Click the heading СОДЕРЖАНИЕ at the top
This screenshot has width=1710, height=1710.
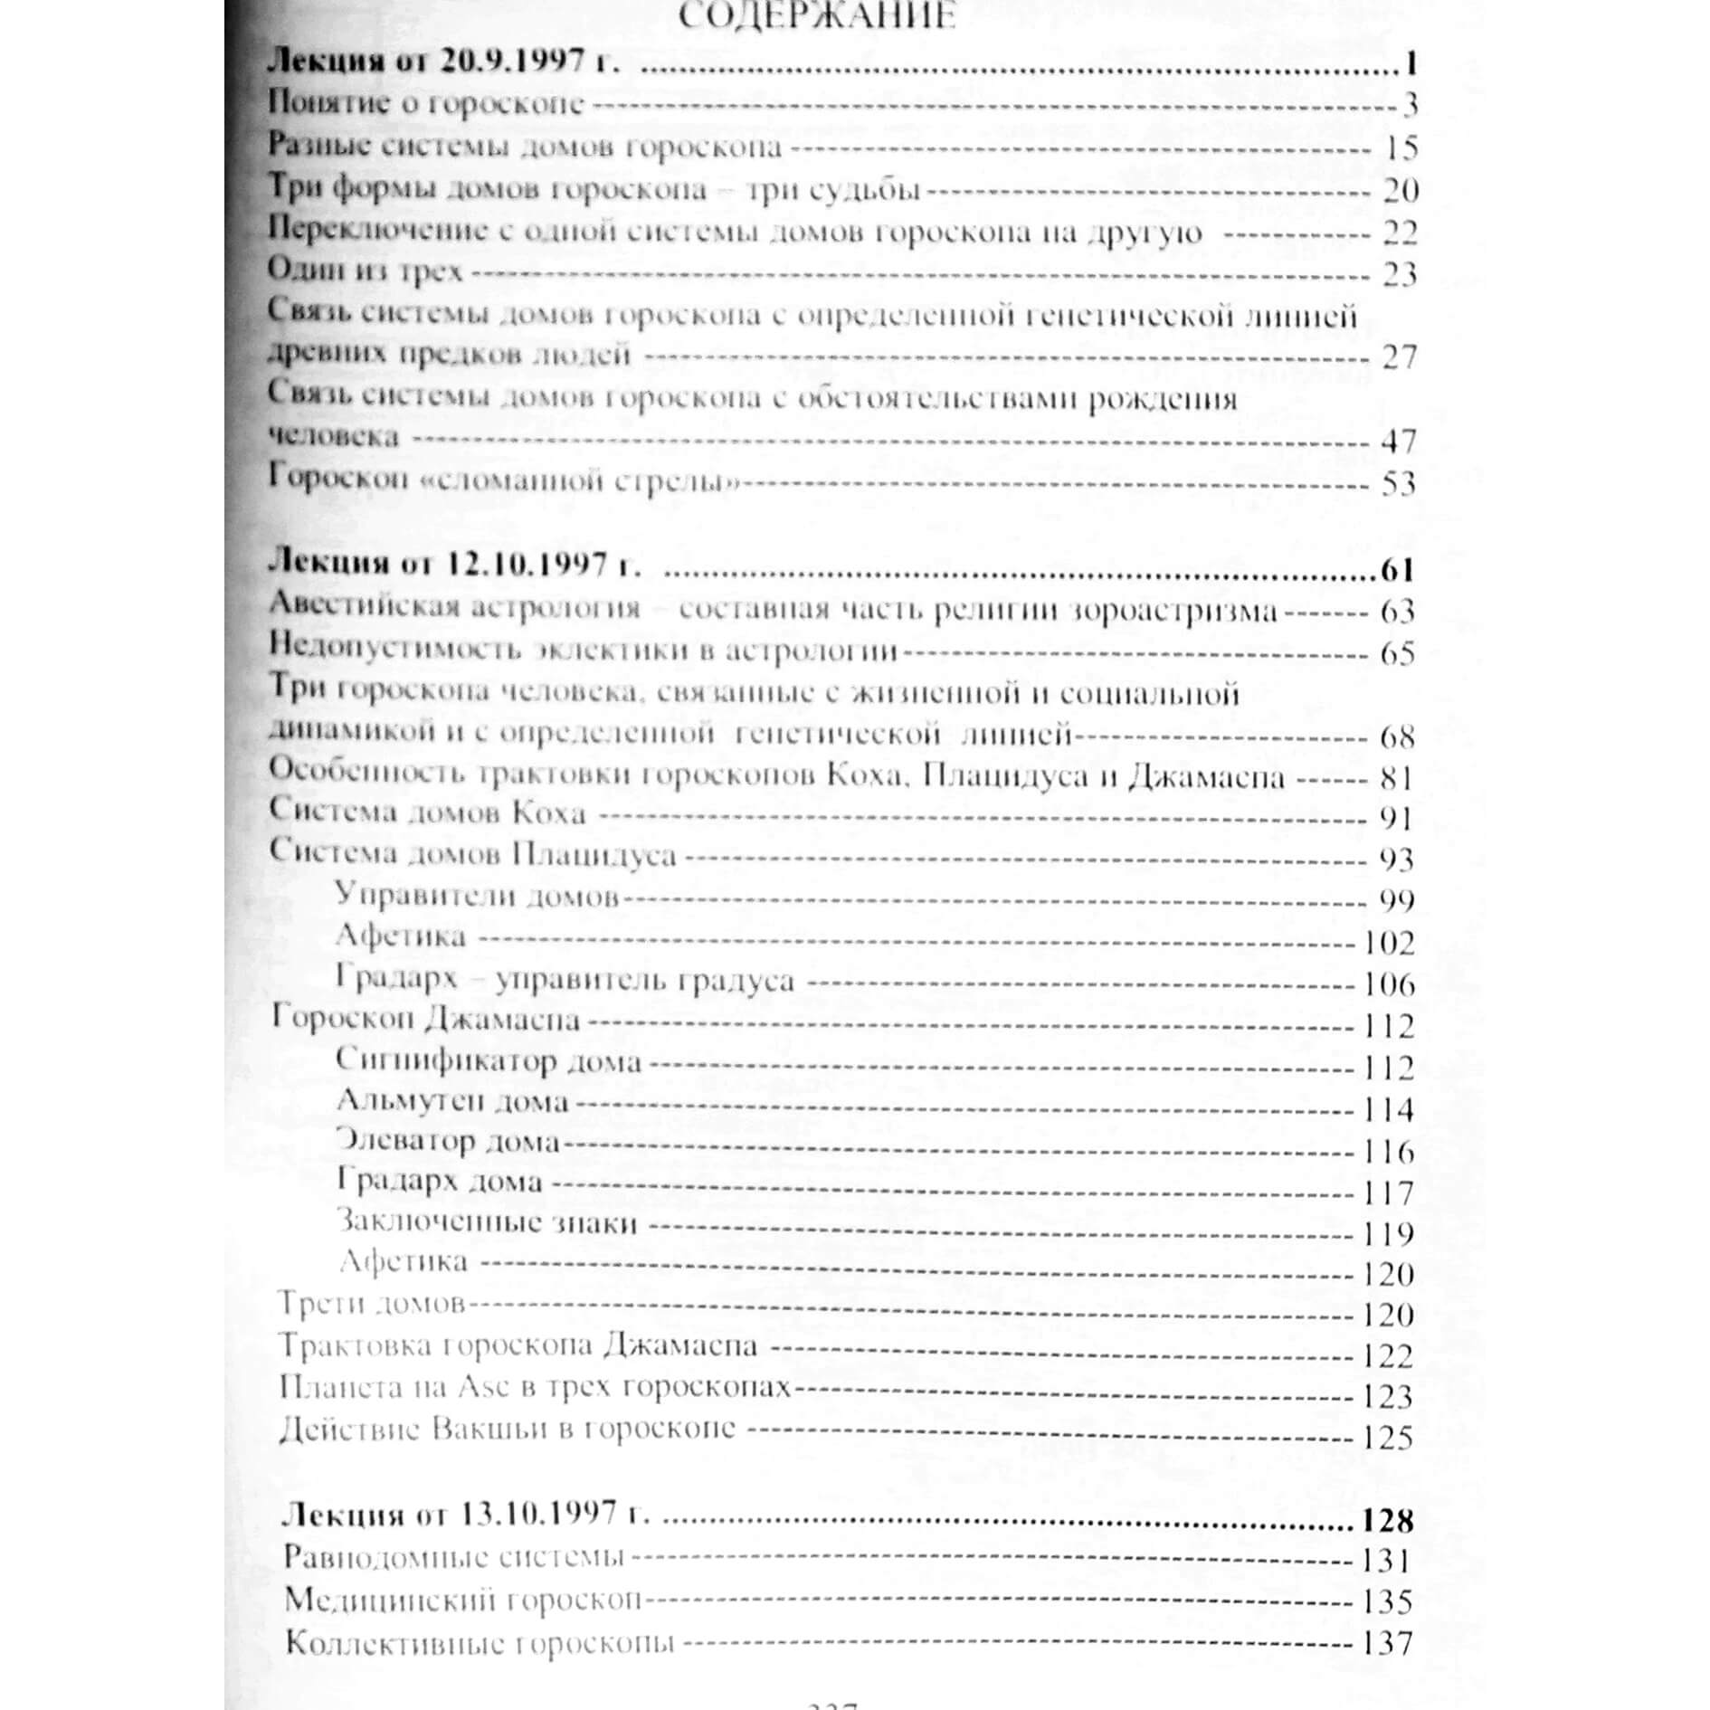pyautogui.click(x=816, y=18)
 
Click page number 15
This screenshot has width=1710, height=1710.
pyautogui.click(x=1400, y=147)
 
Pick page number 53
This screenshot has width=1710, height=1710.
pyautogui.click(x=1398, y=483)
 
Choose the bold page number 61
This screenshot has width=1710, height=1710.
pyautogui.click(x=1397, y=571)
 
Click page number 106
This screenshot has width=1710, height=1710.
pyautogui.click(x=1389, y=984)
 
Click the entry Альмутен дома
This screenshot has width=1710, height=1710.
pyautogui.click(x=452, y=1101)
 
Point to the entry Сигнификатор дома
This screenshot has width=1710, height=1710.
pyautogui.click(x=488, y=1059)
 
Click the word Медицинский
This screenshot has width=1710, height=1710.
pyautogui.click(x=390, y=1601)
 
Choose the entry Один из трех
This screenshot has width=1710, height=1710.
pyautogui.click(x=366, y=270)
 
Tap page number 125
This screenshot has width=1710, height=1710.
pyautogui.click(x=1387, y=1437)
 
